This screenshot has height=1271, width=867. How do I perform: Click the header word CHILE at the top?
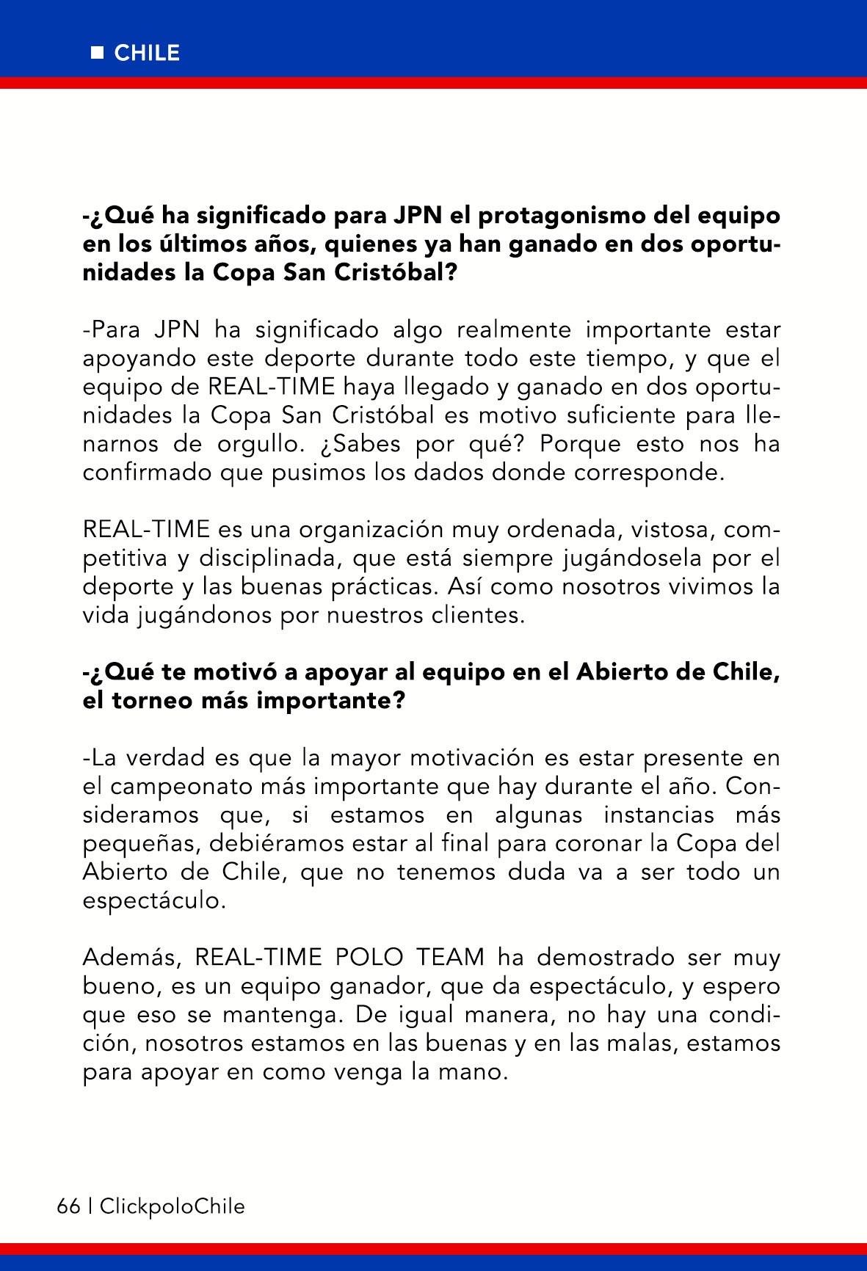coord(147,54)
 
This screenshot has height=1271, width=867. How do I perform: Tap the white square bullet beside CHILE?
coord(97,53)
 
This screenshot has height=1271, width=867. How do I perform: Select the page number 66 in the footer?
coord(68,1206)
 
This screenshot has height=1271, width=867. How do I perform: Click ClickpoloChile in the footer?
coord(172,1206)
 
